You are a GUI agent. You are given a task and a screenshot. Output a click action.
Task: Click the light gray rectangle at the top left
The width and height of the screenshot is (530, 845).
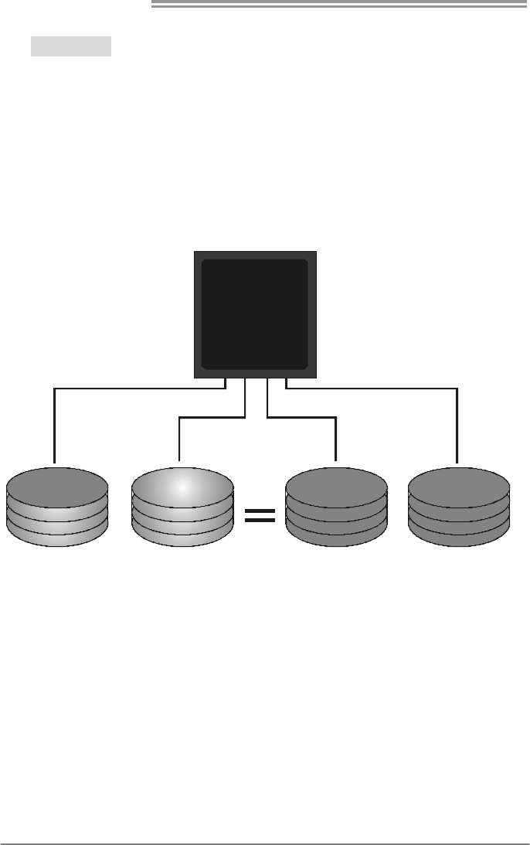tap(71, 46)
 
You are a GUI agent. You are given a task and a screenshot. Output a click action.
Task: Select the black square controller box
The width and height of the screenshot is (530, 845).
tap(254, 314)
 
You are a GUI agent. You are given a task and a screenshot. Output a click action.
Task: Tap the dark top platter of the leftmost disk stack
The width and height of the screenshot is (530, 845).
tap(57, 487)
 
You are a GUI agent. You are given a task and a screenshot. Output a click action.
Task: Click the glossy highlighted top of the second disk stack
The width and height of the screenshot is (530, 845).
tap(182, 487)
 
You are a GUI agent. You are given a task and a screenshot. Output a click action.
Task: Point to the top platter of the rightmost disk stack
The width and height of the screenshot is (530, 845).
tap(458, 487)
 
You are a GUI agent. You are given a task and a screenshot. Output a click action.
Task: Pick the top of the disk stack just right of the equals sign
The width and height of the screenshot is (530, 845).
tap(336, 487)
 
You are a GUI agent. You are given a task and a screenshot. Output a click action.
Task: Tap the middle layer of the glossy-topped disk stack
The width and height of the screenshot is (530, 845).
tap(182, 519)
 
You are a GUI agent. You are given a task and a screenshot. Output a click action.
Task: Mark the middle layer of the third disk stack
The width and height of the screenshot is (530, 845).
tap(336, 519)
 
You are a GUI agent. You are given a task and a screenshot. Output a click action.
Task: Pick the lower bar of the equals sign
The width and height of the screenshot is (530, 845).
tap(259, 521)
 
